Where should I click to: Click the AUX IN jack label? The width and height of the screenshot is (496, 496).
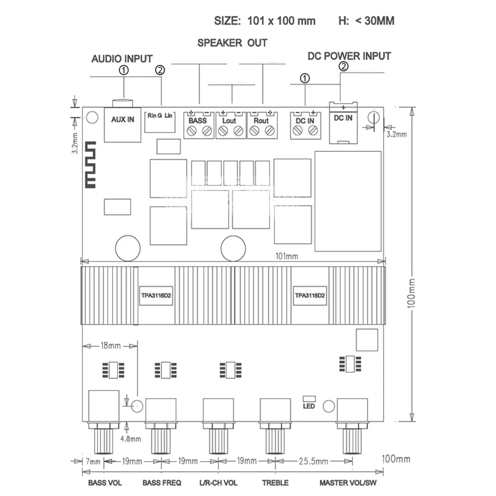(123, 120)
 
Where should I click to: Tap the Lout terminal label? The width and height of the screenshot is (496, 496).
(229, 121)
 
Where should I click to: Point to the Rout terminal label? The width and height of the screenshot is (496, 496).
(261, 121)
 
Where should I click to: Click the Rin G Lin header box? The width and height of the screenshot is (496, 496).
(160, 122)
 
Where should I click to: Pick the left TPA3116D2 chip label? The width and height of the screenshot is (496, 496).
(156, 296)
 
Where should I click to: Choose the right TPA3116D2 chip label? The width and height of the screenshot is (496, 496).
(310, 296)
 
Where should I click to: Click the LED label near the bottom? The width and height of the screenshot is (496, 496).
(309, 406)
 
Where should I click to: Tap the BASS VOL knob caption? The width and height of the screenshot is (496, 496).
(105, 483)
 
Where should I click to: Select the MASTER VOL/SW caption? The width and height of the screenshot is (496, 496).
(348, 483)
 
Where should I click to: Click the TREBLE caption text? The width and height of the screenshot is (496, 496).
(275, 483)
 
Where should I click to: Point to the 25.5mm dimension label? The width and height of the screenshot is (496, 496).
(313, 461)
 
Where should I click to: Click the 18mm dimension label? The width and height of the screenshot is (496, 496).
(111, 345)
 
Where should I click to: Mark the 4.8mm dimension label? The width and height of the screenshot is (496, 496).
(130, 439)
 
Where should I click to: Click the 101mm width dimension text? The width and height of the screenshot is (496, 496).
(287, 256)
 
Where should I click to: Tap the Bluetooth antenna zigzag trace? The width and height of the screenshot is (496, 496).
(90, 165)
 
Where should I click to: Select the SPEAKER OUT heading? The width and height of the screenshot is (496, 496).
(232, 43)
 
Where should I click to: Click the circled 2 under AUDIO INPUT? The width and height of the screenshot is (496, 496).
(160, 70)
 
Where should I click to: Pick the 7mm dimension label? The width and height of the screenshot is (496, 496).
(93, 462)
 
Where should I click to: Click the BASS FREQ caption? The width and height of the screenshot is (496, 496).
(162, 483)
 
